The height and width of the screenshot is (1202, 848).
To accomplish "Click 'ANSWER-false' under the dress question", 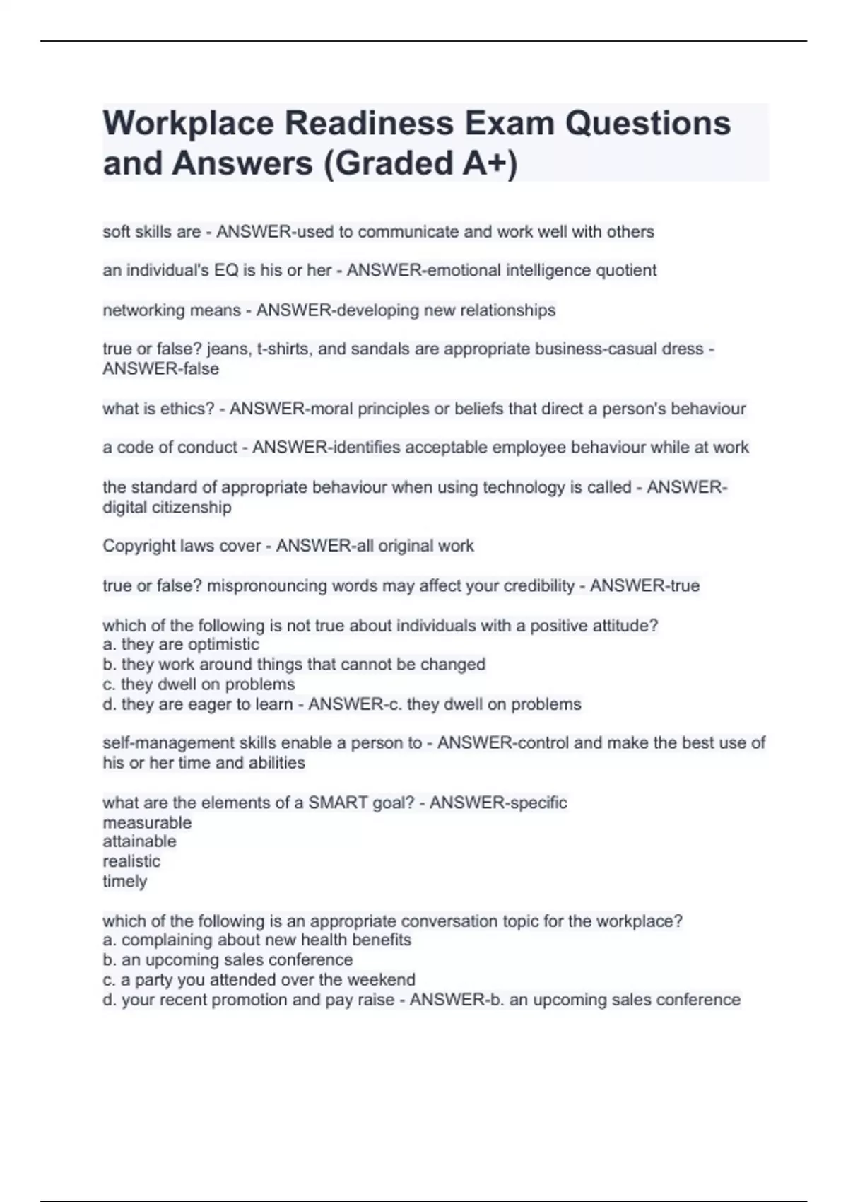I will [x=161, y=368].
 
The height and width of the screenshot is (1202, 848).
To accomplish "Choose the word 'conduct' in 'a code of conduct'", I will [x=209, y=448].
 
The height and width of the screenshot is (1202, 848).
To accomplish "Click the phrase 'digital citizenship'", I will [x=167, y=507].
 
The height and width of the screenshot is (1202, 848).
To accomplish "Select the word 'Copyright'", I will [x=139, y=546].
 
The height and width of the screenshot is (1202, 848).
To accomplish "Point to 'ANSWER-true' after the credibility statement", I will [x=644, y=585].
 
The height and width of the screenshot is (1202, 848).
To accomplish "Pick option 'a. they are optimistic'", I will [x=181, y=644].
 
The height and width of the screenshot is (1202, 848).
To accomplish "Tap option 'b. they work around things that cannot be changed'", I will [x=294, y=664].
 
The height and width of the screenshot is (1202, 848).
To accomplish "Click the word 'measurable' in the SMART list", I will [x=147, y=822].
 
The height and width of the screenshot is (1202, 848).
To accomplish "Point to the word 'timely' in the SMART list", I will [x=125, y=881].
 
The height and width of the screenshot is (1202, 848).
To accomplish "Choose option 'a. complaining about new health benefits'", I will [x=257, y=940].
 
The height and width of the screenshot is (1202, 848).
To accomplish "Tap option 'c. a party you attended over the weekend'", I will [x=259, y=979].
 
